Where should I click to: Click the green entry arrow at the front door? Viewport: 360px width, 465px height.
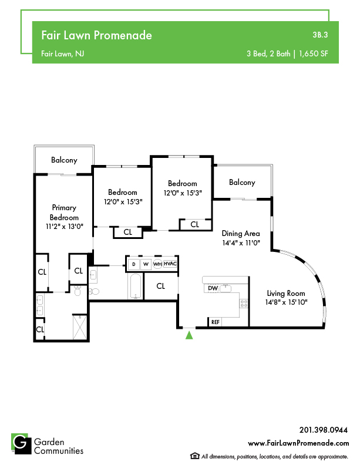(189, 335)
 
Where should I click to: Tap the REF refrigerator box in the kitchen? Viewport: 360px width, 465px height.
(216, 322)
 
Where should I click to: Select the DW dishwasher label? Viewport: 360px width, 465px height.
(213, 288)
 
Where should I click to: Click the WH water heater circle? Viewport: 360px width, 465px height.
(157, 264)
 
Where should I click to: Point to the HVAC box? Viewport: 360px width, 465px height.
(170, 264)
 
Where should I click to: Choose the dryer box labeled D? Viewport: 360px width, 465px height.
(134, 264)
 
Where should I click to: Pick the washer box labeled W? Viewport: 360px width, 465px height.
(146, 264)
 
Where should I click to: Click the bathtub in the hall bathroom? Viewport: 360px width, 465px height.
(136, 286)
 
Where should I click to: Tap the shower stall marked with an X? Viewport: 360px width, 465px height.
(80, 327)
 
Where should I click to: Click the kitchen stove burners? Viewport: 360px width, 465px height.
(244, 304)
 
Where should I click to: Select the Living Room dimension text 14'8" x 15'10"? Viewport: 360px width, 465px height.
(286, 302)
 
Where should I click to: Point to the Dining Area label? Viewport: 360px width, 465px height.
(241, 234)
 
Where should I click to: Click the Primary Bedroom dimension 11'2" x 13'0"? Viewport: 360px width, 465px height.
(65, 227)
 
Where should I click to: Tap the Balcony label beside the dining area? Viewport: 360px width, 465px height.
(242, 183)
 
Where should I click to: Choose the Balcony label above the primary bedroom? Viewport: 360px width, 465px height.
(64, 160)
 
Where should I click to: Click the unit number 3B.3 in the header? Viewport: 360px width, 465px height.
(320, 35)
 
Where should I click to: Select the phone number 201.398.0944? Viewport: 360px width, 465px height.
(324, 430)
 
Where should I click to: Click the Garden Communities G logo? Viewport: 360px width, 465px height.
(21, 444)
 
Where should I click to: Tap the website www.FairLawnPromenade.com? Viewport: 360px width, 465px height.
(298, 443)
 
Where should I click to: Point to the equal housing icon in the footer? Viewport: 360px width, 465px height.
(194, 456)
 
